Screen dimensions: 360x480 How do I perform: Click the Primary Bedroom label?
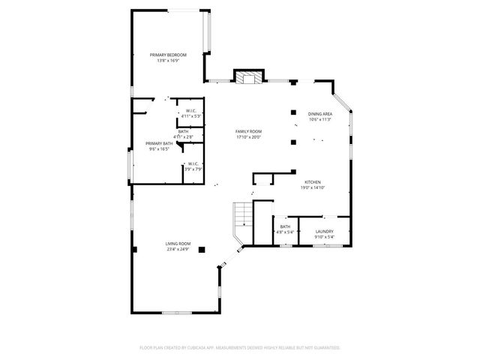(x=168, y=55)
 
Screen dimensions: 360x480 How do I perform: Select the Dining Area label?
(x=320, y=114)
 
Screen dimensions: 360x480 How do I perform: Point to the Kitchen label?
(x=313, y=182)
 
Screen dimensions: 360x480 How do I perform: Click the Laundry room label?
(x=324, y=232)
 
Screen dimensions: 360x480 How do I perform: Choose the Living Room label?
(x=178, y=244)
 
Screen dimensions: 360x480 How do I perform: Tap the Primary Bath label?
(x=159, y=143)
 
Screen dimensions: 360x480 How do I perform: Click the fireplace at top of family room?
(x=249, y=76)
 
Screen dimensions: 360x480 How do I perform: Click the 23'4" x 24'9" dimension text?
(x=178, y=249)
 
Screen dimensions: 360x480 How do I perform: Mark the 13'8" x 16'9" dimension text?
(x=168, y=60)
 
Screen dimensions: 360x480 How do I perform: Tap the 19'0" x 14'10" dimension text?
(x=313, y=187)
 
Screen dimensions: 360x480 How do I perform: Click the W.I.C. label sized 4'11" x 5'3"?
(x=191, y=112)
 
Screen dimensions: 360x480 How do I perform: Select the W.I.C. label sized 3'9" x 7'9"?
(x=193, y=164)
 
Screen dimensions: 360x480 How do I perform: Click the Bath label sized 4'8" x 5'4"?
(x=285, y=226)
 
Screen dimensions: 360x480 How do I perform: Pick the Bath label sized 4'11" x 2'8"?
(x=184, y=132)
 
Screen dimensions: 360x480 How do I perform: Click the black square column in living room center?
(x=202, y=250)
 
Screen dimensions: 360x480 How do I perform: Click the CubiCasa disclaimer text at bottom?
(x=240, y=348)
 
